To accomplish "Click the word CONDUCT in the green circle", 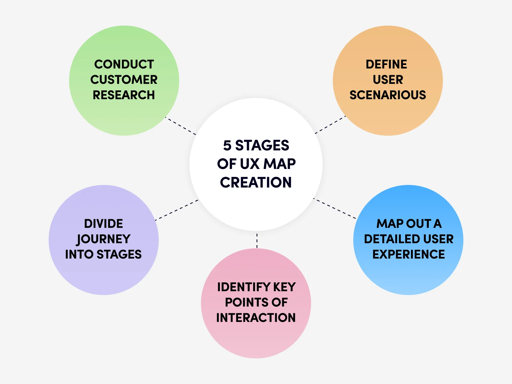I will point(124,64).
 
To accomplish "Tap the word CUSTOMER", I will point(124,80).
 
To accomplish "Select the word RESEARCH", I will point(124,95).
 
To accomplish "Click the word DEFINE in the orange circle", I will point(386,64).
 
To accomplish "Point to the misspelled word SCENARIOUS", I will point(388,95).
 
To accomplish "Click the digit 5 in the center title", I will point(227,146).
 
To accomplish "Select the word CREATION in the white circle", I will point(256,182).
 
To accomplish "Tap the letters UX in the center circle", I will point(250,164).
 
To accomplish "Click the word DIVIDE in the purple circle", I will point(103,224).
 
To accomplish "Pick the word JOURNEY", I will point(103,239).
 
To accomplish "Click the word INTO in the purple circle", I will point(79,254).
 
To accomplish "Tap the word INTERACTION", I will point(256,318).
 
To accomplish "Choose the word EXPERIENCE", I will point(408,254).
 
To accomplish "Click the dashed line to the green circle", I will point(181,126).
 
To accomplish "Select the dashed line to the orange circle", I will point(330,125).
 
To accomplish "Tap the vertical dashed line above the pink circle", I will point(257,241).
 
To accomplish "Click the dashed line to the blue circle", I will point(335,209).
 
